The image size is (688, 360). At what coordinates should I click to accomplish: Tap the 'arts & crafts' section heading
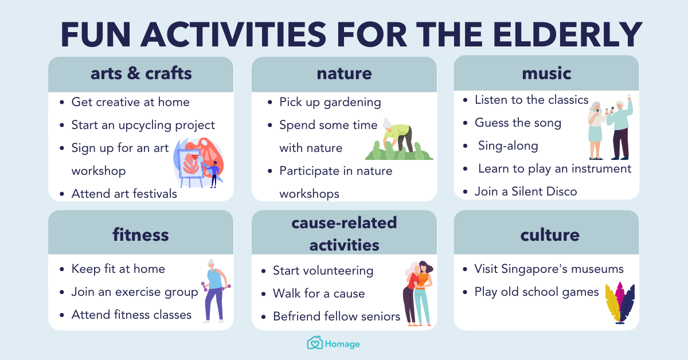coord(141,73)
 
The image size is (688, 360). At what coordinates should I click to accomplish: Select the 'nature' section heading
coord(344,73)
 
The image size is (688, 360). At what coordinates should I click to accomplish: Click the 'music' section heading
coord(546,73)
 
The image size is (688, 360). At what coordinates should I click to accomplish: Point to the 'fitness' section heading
coord(141,234)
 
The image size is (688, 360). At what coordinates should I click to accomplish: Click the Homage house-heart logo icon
coord(315,343)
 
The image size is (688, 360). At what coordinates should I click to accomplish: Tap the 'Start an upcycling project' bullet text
coord(143,125)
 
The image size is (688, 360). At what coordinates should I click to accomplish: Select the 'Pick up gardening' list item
coord(330,102)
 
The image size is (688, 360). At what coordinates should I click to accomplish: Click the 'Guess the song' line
coord(518,123)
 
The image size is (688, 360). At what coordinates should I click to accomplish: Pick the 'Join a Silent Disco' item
coord(525,191)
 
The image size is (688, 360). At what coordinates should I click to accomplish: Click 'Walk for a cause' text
coord(319,294)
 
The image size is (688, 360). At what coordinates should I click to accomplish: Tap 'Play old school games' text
coord(536,292)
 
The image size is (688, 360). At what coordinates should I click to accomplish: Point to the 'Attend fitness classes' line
coord(131,315)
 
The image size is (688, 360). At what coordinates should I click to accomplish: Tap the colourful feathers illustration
coord(620,302)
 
